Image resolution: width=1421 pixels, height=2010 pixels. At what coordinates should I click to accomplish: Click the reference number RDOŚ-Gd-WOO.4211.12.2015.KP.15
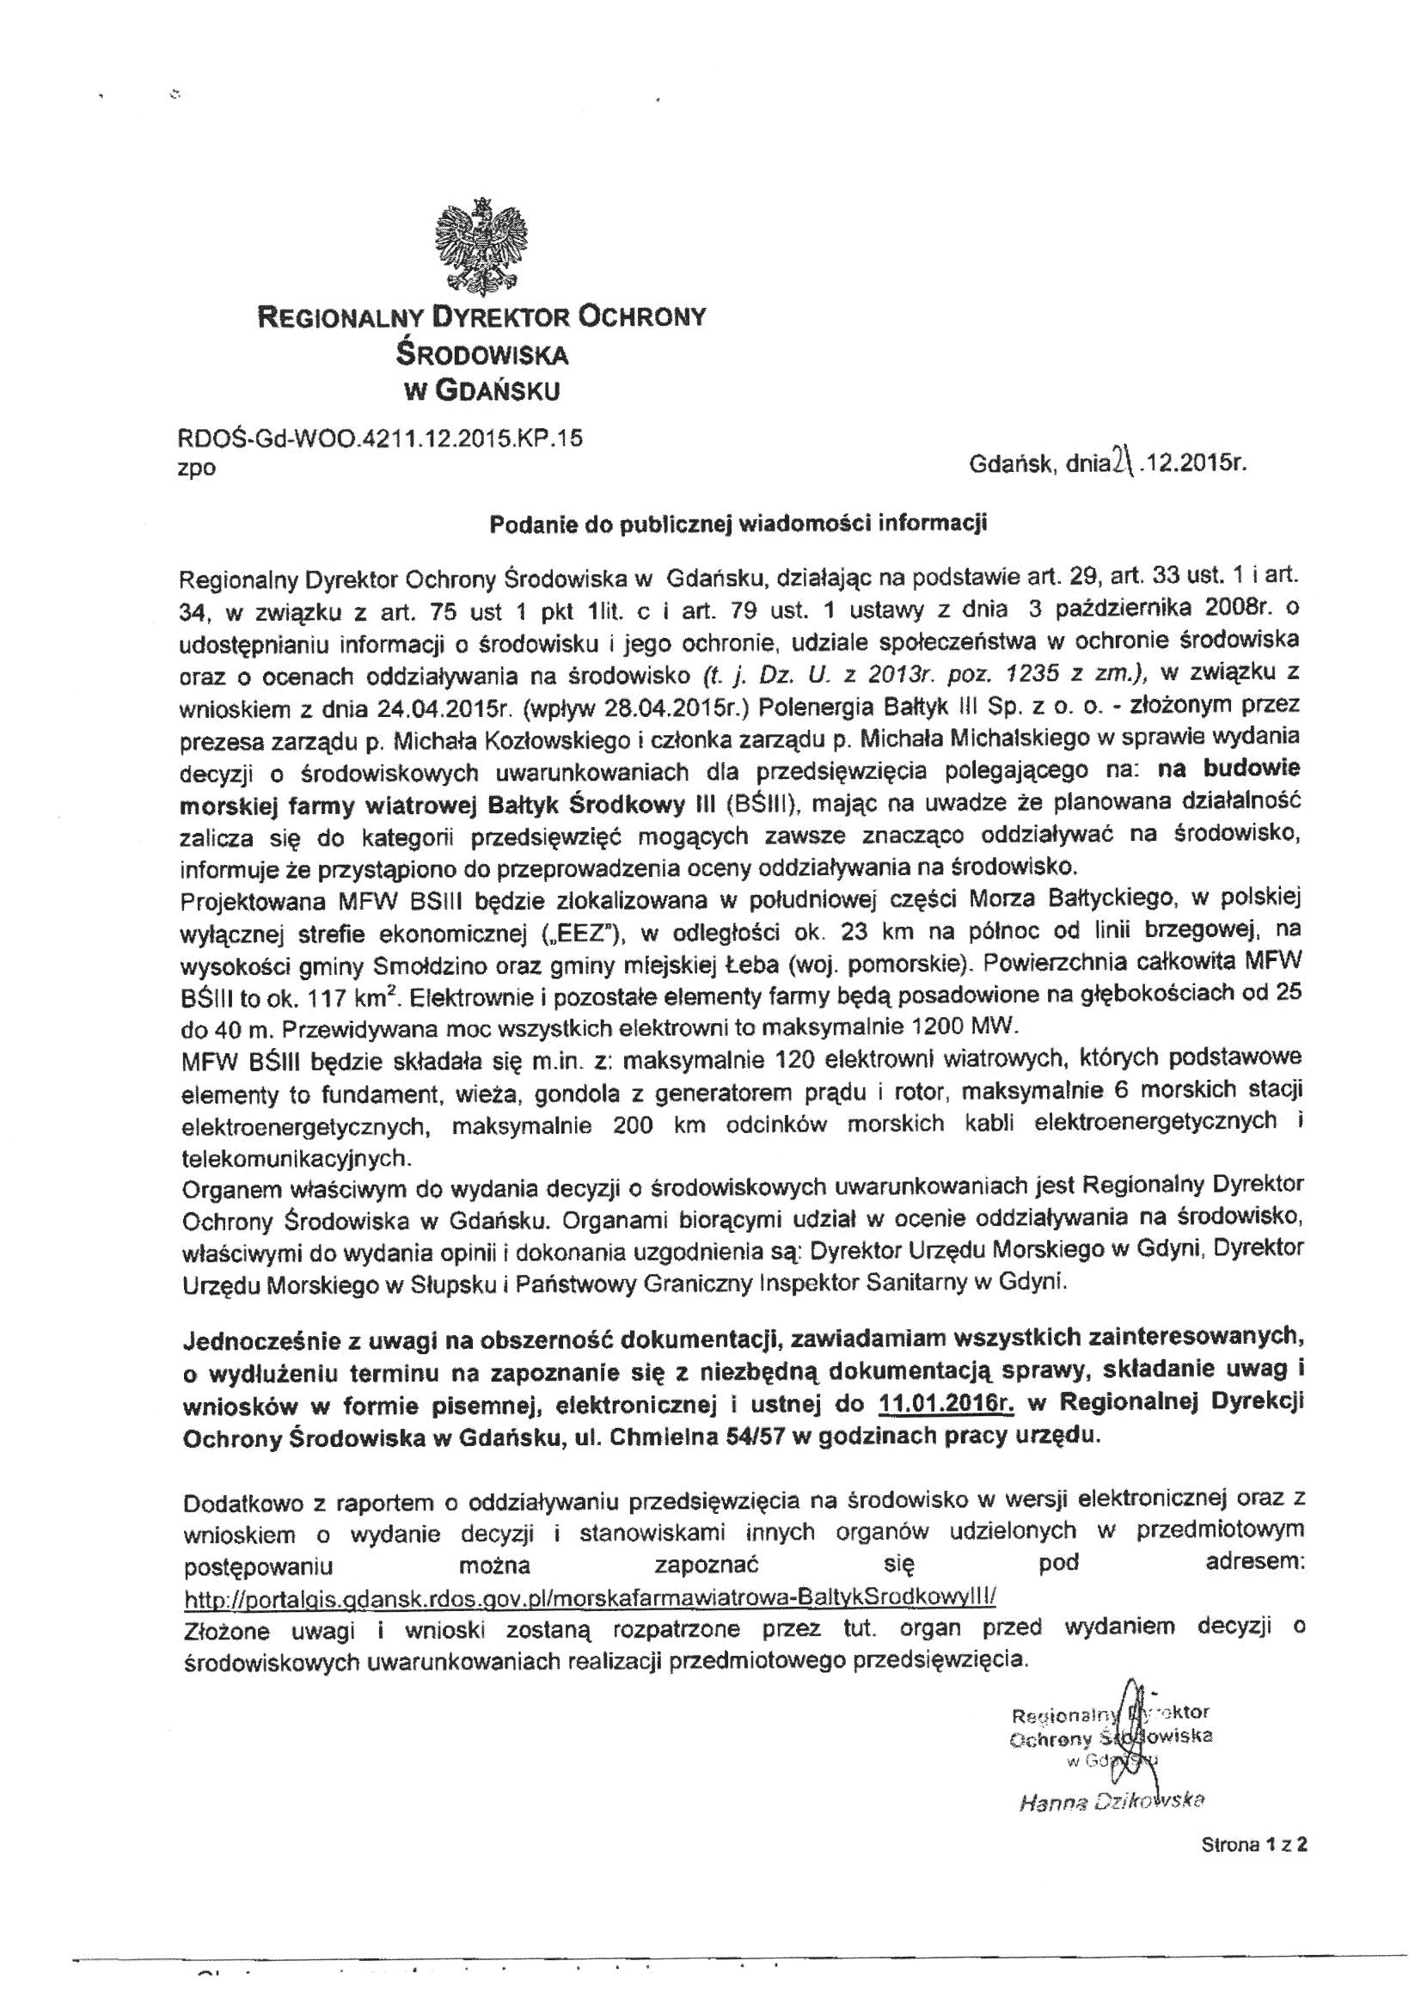point(380,438)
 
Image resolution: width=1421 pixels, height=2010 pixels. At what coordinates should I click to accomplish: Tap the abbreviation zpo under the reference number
point(196,469)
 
